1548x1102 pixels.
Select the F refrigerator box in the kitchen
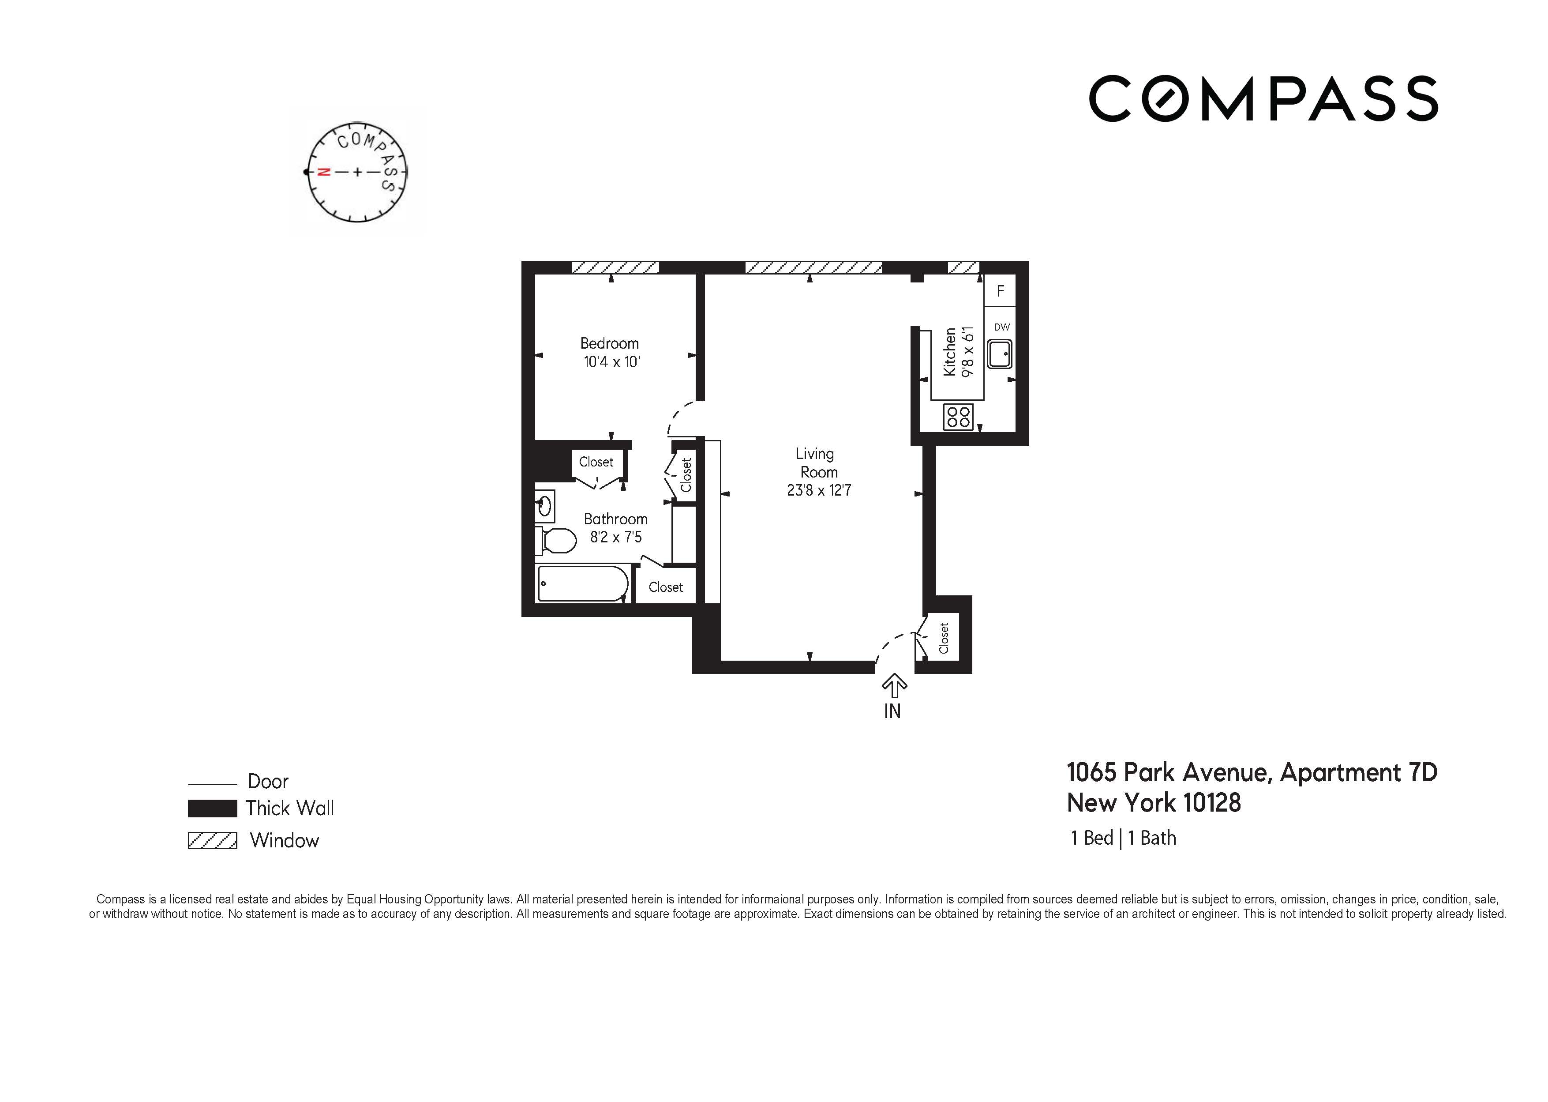[x=1000, y=291]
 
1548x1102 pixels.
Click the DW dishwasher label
[x=1001, y=327]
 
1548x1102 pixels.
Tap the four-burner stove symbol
[x=958, y=417]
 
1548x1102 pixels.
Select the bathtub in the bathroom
[x=582, y=583]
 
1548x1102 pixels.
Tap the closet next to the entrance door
[x=943, y=638]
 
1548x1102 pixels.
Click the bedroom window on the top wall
[x=615, y=267]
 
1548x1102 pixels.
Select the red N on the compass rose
[x=324, y=173]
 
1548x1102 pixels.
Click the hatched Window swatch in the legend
[x=212, y=841]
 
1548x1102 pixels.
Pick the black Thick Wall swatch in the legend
[x=212, y=808]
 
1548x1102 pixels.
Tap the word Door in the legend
[x=268, y=782]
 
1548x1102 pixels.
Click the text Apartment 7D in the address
[x=1358, y=772]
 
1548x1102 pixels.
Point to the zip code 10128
[x=1211, y=803]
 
